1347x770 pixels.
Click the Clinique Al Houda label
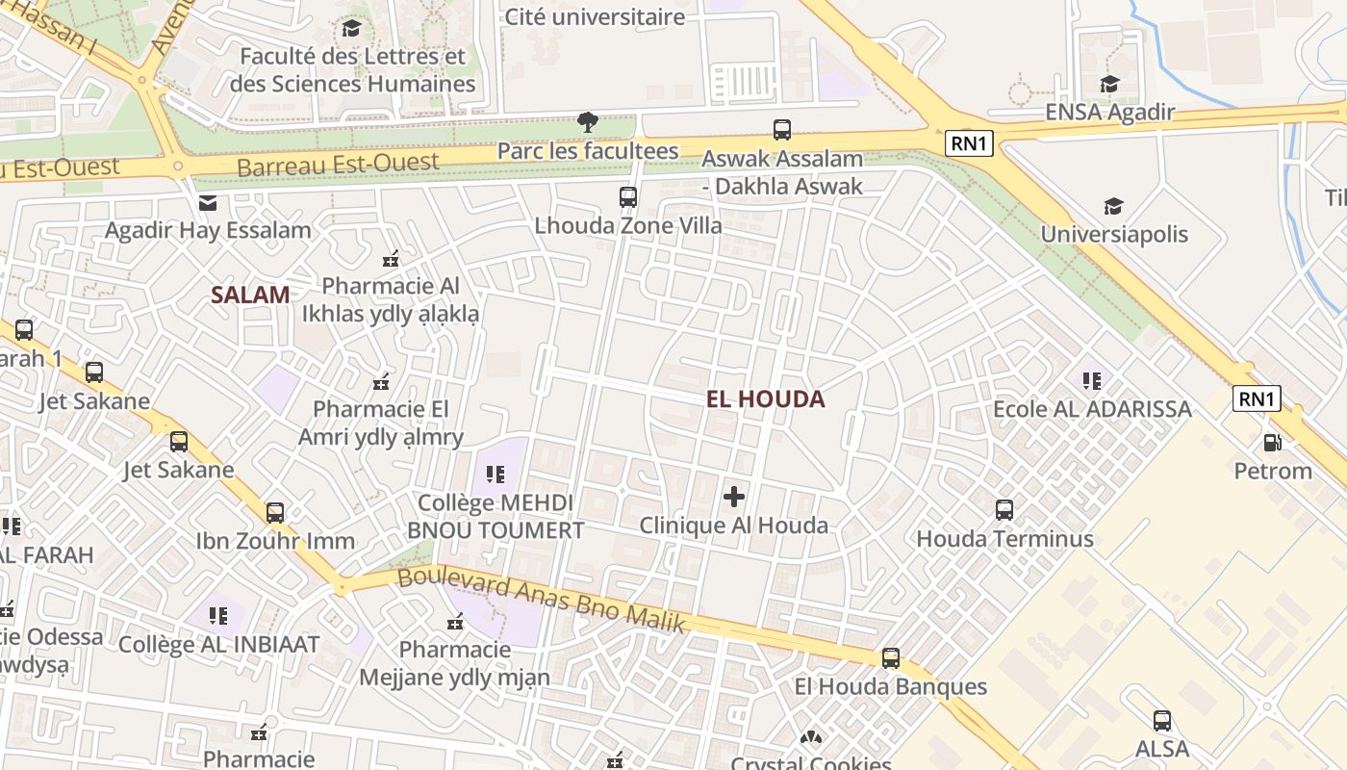(x=733, y=526)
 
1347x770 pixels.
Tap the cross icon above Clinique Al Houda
(x=734, y=497)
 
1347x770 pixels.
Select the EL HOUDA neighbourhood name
(x=765, y=399)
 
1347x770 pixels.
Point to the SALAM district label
(x=250, y=295)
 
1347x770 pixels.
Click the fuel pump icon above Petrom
(x=1272, y=443)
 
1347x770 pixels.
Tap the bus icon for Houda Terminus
(x=1004, y=510)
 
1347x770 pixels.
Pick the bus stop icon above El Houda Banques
(x=891, y=658)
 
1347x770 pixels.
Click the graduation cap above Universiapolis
(x=1113, y=206)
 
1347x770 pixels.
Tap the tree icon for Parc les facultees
(x=587, y=122)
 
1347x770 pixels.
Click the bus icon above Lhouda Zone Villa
(x=628, y=197)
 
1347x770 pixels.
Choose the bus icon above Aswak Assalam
(x=782, y=130)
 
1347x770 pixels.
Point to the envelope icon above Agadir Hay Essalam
(x=207, y=203)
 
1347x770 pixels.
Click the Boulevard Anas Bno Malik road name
(x=541, y=600)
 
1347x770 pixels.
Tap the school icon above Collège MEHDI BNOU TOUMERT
(x=496, y=474)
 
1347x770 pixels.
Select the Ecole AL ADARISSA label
(x=1091, y=409)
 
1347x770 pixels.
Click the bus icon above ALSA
(x=1162, y=720)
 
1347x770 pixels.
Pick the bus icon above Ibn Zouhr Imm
(x=275, y=512)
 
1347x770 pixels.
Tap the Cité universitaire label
(x=595, y=16)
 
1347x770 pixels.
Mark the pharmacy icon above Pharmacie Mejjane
(x=455, y=621)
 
